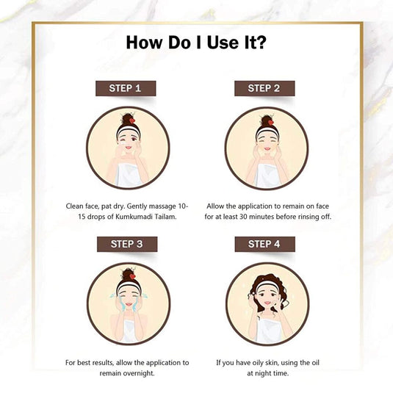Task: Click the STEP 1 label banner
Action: [126, 88]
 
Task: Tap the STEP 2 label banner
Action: [264, 88]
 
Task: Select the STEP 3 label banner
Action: [127, 244]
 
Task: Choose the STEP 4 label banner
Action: [264, 244]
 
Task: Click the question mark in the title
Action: [261, 43]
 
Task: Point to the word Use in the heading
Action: [223, 43]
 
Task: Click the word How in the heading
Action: [144, 43]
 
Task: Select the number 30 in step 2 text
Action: [243, 217]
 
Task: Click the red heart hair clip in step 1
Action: [132, 120]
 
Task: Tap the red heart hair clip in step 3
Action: [132, 276]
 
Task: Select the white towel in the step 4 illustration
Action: [267, 331]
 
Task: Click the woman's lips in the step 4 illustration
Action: [267, 303]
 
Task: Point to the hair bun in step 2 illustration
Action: [267, 120]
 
